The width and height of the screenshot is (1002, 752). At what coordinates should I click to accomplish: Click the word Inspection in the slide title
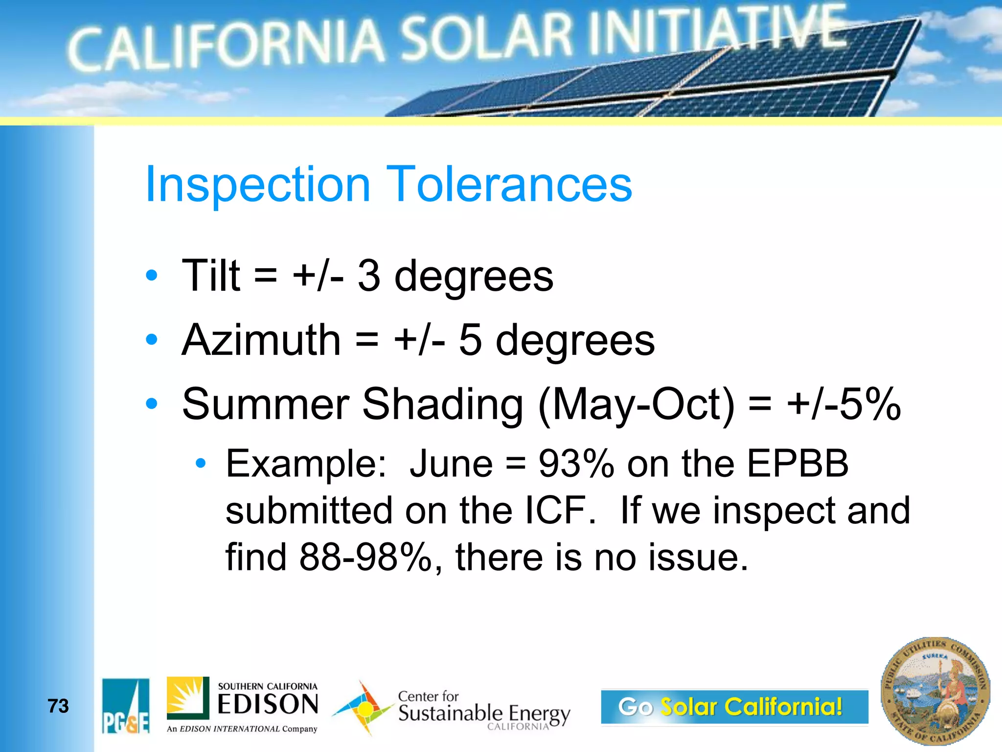257,185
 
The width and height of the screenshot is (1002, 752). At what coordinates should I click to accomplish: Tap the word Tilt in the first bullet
211,276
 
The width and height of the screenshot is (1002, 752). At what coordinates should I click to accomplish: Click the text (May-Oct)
636,405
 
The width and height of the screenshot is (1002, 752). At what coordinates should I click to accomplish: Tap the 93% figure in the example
576,464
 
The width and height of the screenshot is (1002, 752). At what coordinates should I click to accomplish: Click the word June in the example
451,464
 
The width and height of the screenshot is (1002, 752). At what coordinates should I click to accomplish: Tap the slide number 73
58,706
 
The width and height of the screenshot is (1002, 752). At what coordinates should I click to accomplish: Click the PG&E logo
126,706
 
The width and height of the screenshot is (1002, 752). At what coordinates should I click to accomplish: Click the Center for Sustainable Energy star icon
363,708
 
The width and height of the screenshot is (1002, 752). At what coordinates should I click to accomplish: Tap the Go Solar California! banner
734,706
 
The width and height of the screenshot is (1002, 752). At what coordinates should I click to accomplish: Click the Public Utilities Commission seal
935,691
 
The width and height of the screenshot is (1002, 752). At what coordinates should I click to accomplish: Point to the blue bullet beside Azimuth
152,339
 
